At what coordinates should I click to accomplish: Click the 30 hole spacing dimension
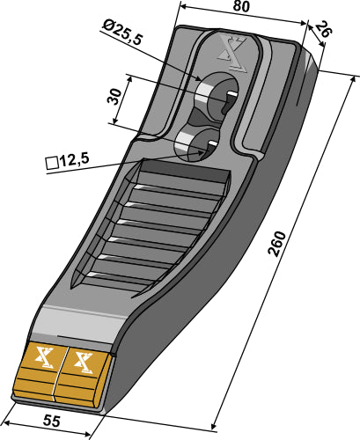click(114, 97)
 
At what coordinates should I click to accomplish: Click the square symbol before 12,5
click(51, 161)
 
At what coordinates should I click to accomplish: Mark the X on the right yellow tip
click(84, 361)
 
